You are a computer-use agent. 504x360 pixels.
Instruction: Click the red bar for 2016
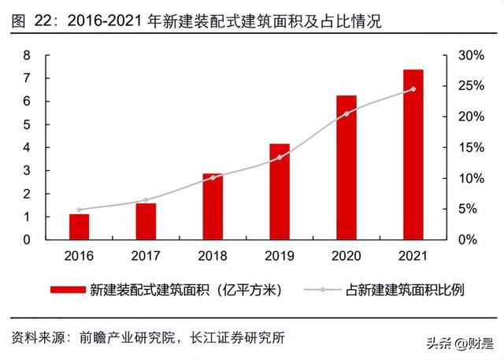click(x=79, y=226)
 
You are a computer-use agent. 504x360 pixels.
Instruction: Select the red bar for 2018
click(x=213, y=206)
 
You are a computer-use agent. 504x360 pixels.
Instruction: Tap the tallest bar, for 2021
click(x=413, y=154)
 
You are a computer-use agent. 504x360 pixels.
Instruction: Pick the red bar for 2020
click(x=346, y=167)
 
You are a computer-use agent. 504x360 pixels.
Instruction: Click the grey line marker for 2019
click(x=280, y=158)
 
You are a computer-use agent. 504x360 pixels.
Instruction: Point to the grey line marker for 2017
click(x=146, y=200)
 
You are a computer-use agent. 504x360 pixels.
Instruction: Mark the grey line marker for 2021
click(x=413, y=89)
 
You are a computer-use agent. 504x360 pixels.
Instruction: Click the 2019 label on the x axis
click(x=280, y=256)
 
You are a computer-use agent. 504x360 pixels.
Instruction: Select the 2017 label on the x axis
click(x=146, y=256)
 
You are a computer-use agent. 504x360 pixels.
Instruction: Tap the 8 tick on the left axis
click(x=27, y=55)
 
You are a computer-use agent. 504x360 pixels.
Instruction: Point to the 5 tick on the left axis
click(x=27, y=124)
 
